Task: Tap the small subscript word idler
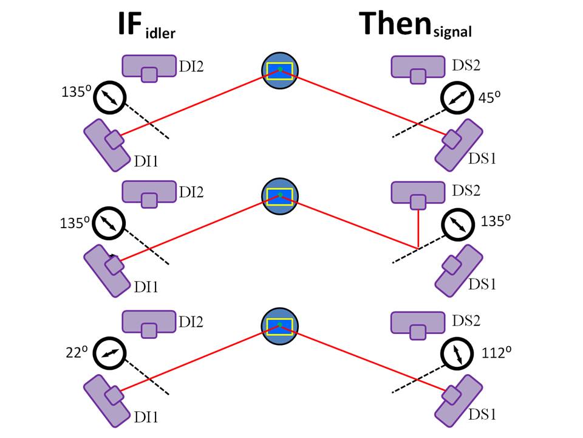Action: [x=160, y=33]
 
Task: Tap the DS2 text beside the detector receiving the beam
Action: [x=466, y=190]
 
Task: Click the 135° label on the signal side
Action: [x=493, y=222]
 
